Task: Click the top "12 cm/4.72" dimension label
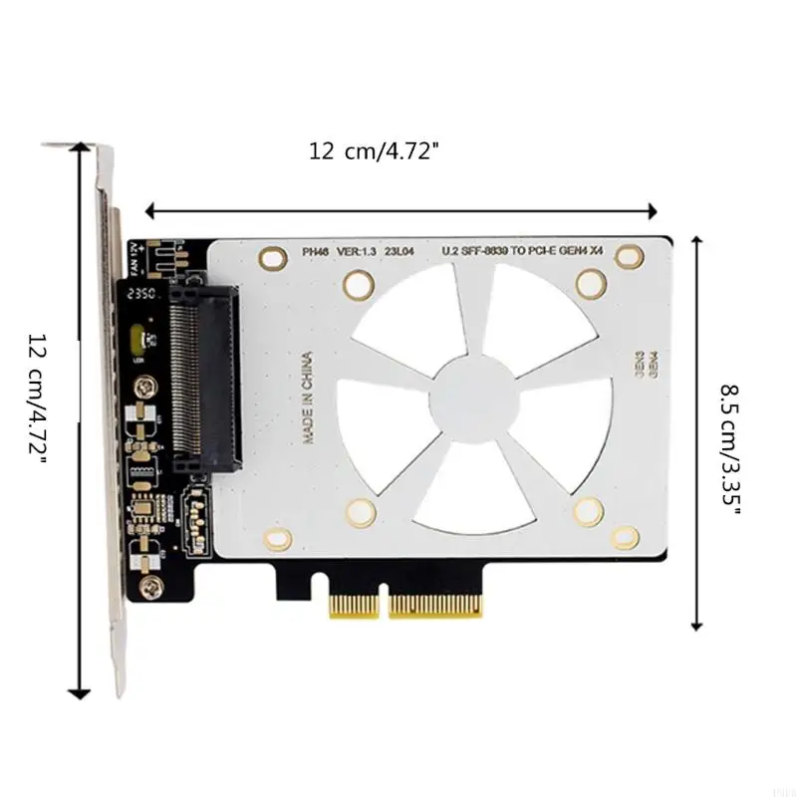[374, 151]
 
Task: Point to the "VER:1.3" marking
[357, 253]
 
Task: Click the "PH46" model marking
[316, 253]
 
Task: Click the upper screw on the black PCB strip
[148, 386]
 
